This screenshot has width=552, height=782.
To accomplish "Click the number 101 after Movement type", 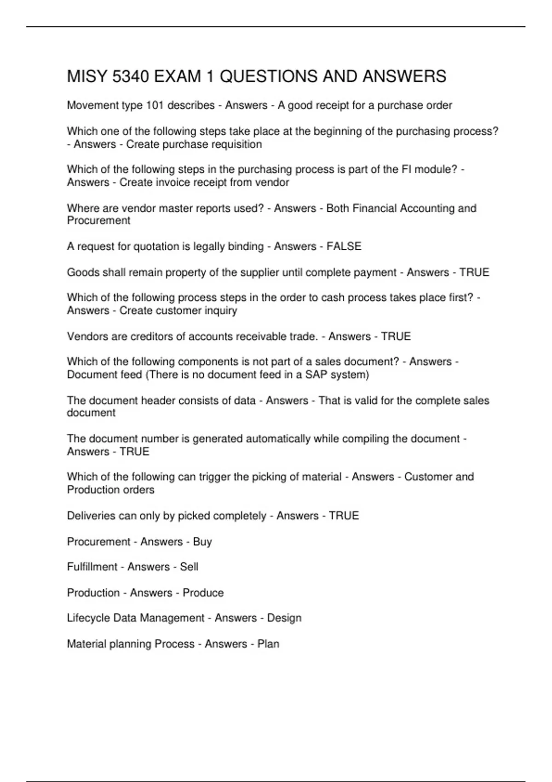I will pos(155,105).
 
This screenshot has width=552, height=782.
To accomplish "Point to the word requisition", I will pos(236,144).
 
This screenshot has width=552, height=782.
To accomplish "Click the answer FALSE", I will pos(344,247).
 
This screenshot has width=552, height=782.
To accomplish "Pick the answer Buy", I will pos(202,541).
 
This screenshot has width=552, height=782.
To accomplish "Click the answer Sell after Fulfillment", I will pos(189,567).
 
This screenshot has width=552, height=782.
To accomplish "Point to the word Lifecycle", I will pos(88,618).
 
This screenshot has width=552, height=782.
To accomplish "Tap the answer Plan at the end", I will pos(268,644).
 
